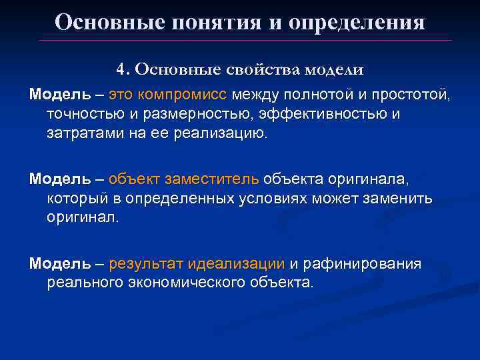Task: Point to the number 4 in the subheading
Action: tap(120, 69)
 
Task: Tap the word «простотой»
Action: tap(411, 95)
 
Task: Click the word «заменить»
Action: tap(399, 199)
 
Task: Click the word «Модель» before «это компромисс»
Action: tap(59, 95)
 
